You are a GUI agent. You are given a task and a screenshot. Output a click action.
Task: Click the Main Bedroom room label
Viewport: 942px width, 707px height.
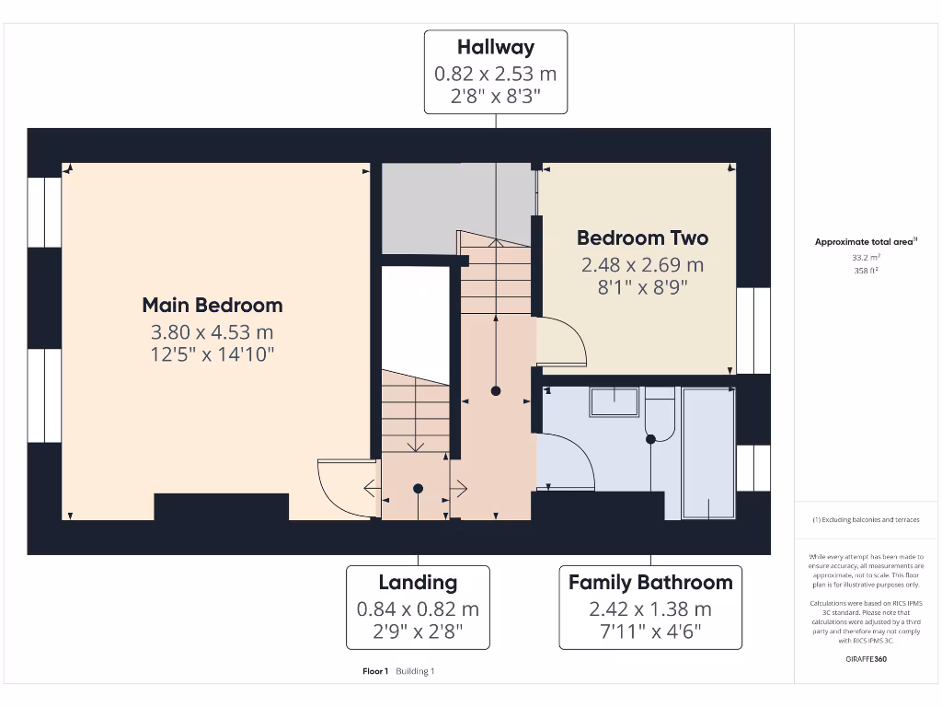coord(212,305)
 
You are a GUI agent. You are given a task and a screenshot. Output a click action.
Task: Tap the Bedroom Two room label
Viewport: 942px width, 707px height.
coord(642,238)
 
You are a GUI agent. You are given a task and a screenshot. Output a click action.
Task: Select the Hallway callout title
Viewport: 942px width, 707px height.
coord(495,47)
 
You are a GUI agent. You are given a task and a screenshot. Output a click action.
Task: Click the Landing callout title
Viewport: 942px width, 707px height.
coord(418,582)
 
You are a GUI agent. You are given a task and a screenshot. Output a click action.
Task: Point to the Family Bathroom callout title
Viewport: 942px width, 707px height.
coord(650,582)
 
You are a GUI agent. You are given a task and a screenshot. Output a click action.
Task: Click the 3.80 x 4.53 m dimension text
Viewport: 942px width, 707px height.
coord(212,332)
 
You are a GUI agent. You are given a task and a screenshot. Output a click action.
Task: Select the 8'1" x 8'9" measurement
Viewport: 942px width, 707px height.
coord(642,287)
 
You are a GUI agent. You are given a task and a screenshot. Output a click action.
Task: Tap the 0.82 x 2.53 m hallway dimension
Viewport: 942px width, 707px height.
coord(495,74)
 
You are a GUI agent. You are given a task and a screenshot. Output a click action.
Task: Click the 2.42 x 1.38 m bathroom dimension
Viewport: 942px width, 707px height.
coord(650,608)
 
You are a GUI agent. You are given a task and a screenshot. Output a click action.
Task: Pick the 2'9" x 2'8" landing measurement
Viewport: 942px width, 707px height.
coord(418,632)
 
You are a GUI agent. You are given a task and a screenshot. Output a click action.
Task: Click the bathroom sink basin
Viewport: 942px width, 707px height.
coord(614,401)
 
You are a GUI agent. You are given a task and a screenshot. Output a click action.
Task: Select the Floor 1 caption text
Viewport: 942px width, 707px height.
coord(375,671)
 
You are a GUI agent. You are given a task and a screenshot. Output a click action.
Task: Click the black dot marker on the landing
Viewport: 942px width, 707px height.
coord(418,488)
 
